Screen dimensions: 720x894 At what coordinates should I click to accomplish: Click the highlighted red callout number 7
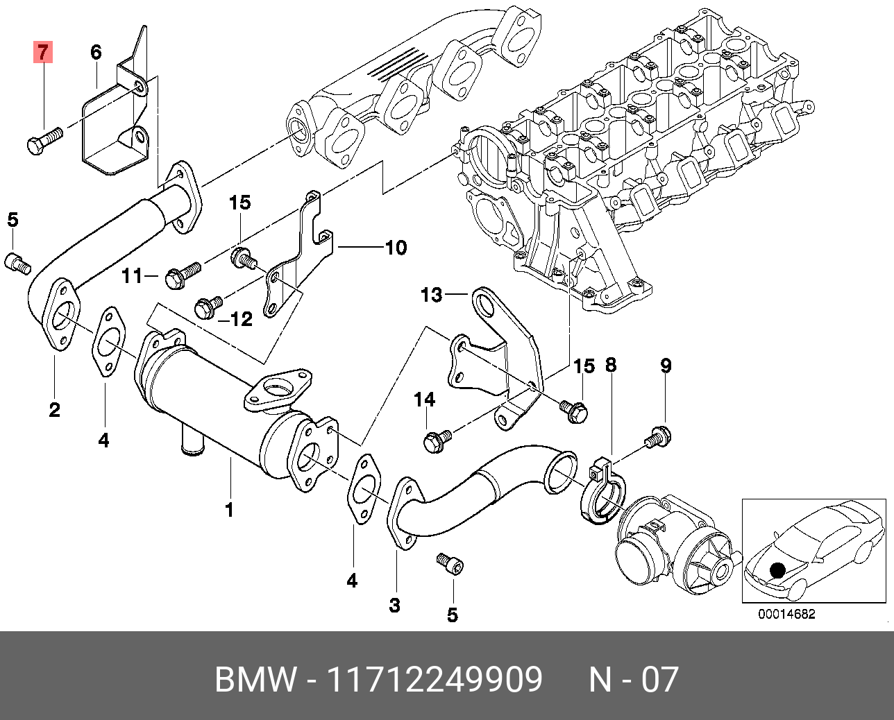pyautogui.click(x=43, y=52)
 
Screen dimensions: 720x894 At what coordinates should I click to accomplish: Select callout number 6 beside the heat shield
pyautogui.click(x=96, y=52)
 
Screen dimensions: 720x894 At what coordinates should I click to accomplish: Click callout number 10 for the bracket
pyautogui.click(x=396, y=248)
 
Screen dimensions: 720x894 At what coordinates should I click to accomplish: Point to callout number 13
pyautogui.click(x=431, y=295)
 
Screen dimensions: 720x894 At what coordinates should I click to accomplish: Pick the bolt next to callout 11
pyautogui.click(x=181, y=275)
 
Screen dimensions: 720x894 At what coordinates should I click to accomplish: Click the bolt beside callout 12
pyautogui.click(x=208, y=307)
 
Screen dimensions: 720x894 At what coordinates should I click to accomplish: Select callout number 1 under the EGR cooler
pyautogui.click(x=229, y=510)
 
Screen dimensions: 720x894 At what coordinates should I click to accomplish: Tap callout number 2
pyautogui.click(x=54, y=410)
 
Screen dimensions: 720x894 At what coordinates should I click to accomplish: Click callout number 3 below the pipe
pyautogui.click(x=394, y=606)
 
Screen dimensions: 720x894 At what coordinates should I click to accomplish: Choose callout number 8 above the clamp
pyautogui.click(x=611, y=366)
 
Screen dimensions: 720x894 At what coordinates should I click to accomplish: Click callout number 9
pyautogui.click(x=666, y=366)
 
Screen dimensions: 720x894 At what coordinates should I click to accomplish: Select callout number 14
pyautogui.click(x=425, y=400)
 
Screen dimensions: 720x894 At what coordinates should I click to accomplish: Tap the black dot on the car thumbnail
pyautogui.click(x=777, y=571)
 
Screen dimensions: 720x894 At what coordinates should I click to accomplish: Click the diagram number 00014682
pyautogui.click(x=786, y=614)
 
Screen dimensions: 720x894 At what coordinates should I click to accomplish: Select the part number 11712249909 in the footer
pyautogui.click(x=435, y=680)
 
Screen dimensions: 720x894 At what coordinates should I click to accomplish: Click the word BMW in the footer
pyautogui.click(x=255, y=680)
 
